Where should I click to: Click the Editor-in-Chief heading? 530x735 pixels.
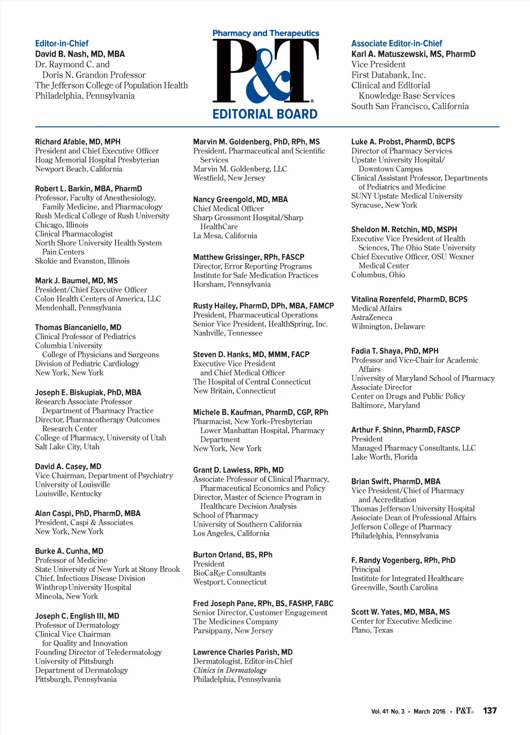pos(62,43)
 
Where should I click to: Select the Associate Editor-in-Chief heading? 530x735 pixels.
pos(396,43)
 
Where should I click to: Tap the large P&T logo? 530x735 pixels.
pos(265,71)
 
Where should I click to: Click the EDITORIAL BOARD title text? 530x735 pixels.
pos(265,114)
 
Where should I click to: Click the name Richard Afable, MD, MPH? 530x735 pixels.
pos(78,142)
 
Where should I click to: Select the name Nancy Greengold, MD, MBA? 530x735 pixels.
pos(240,199)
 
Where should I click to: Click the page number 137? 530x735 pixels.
pos(490,711)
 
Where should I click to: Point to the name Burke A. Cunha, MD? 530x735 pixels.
pos(69,551)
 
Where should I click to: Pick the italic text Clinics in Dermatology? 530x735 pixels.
pos(230,670)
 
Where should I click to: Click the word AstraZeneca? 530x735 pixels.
pos(372,317)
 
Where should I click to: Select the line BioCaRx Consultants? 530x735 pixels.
pos(229,573)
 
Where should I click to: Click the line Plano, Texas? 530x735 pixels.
pos(372,630)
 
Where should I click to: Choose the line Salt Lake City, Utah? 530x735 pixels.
pos(67,447)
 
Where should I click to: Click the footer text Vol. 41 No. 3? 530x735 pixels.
pos(388,711)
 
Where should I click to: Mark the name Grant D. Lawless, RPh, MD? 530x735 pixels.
pos(238,470)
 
